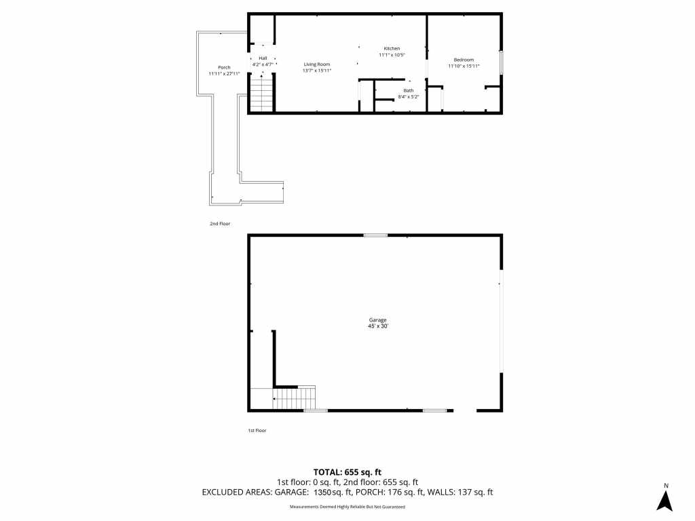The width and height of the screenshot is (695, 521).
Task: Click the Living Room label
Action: point(317,64)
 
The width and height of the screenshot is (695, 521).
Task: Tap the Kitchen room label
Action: point(392,48)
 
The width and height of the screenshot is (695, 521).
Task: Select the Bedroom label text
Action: point(464,60)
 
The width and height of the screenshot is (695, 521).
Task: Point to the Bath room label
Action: point(408,90)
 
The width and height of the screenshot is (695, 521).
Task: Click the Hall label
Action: point(263,58)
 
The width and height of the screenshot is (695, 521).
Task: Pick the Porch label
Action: point(224,67)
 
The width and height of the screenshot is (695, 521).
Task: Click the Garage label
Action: point(377,320)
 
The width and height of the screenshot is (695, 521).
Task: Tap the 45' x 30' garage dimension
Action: point(377,326)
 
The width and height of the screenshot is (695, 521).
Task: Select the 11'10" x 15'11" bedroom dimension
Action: point(464,66)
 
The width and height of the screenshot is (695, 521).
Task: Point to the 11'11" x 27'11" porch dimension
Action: point(224,73)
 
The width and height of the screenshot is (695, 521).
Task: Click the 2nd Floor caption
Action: point(220,224)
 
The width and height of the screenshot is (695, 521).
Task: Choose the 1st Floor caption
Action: point(257,430)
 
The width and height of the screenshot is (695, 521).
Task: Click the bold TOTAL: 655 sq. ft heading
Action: point(347,472)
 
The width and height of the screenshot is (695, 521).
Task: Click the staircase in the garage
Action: point(293,398)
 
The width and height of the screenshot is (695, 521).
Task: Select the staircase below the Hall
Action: point(262,94)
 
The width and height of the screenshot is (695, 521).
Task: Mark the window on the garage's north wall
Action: point(375,235)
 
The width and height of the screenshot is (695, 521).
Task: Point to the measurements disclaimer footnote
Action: point(347,506)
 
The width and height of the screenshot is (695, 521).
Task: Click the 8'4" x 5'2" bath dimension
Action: point(408,96)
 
